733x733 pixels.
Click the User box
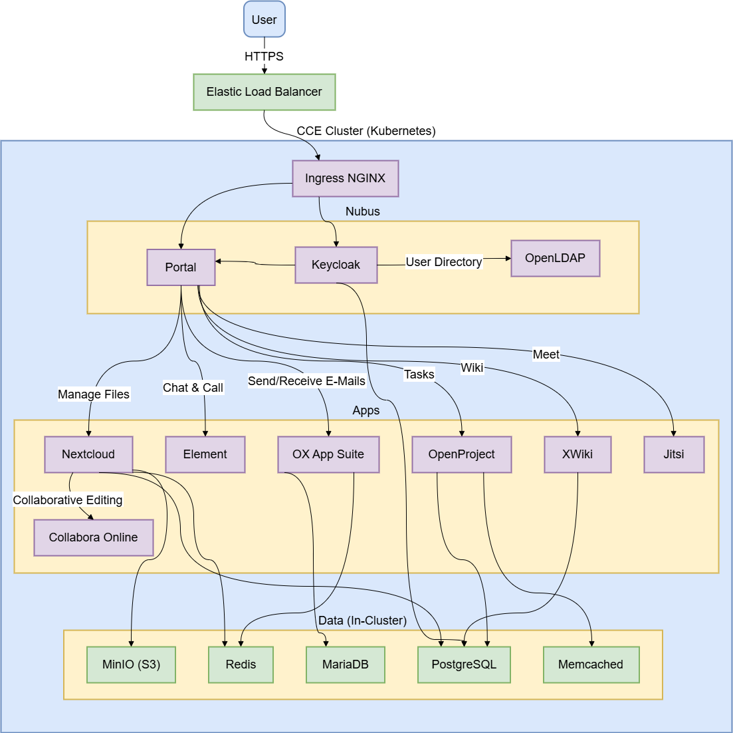[x=264, y=19]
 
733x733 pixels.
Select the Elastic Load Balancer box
[x=264, y=92]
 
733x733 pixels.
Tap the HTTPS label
[x=264, y=57]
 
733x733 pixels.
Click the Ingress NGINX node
[x=345, y=178]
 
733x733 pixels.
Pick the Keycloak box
[x=336, y=265]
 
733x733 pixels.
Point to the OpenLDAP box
[x=555, y=258]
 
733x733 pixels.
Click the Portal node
[x=181, y=267]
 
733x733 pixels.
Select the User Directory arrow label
[x=444, y=262]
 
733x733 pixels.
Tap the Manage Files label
[x=94, y=394]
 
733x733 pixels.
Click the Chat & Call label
[x=193, y=388]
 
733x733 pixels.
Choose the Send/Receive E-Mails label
[x=307, y=381]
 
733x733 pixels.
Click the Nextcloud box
[x=88, y=454]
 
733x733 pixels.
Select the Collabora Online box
[x=94, y=537]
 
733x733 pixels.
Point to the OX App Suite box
[x=328, y=454]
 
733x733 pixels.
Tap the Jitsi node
[x=673, y=454]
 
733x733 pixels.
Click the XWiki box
[x=577, y=454]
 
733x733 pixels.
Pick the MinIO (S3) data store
[x=131, y=664]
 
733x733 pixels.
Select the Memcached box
[x=590, y=664]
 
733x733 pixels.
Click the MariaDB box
[x=346, y=664]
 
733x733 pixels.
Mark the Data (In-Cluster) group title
[x=362, y=621]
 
